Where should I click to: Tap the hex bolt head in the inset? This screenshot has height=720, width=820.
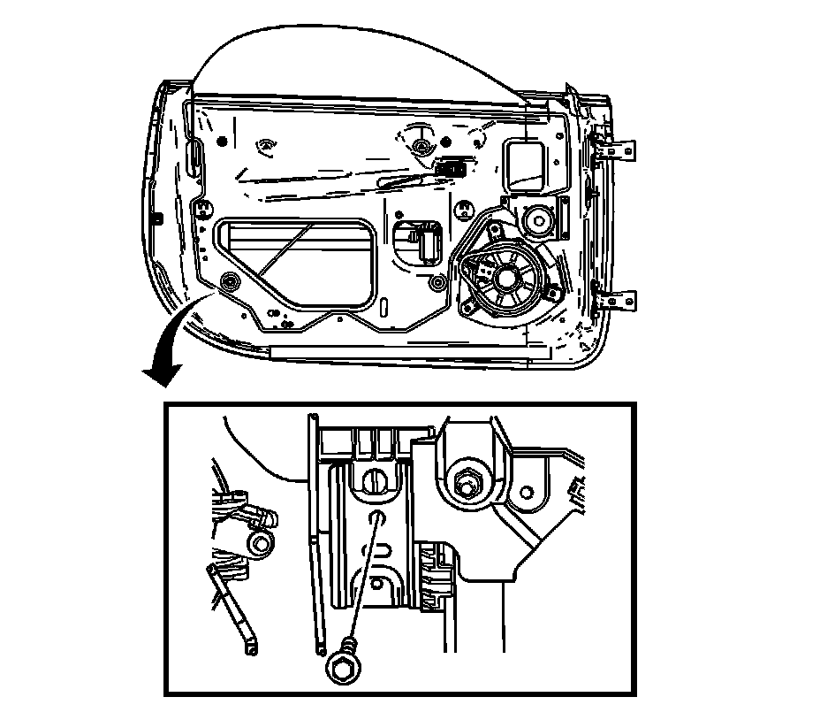[342, 668]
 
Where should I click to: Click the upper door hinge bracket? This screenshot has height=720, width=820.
[619, 149]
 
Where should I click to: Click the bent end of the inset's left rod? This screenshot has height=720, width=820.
[251, 650]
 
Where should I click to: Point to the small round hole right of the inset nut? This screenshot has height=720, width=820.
[527, 491]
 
